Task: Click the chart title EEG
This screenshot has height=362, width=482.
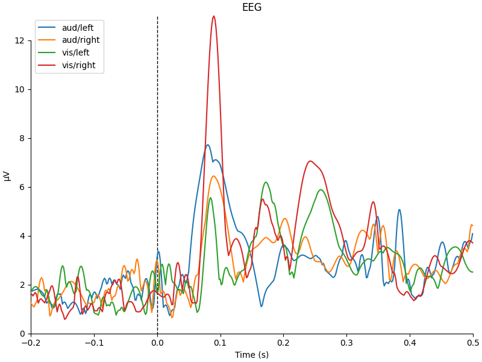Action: click(x=252, y=8)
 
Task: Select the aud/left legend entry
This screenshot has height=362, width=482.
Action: click(x=77, y=28)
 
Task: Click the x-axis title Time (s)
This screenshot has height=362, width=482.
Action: click(x=252, y=355)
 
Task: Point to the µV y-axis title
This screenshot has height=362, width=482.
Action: click(x=7, y=175)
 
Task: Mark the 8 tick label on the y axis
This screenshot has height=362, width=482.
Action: click(x=21, y=138)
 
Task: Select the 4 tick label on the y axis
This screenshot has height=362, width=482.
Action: click(x=21, y=236)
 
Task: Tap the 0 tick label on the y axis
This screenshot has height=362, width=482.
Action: click(x=21, y=334)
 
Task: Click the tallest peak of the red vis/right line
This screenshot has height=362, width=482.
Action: click(x=213, y=16)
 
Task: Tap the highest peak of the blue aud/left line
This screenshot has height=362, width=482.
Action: click(x=208, y=145)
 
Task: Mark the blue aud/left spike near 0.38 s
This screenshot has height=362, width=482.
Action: click(x=399, y=210)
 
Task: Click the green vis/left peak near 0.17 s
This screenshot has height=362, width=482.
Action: click(x=266, y=182)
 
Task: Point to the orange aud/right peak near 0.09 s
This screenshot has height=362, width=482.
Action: click(x=214, y=176)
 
